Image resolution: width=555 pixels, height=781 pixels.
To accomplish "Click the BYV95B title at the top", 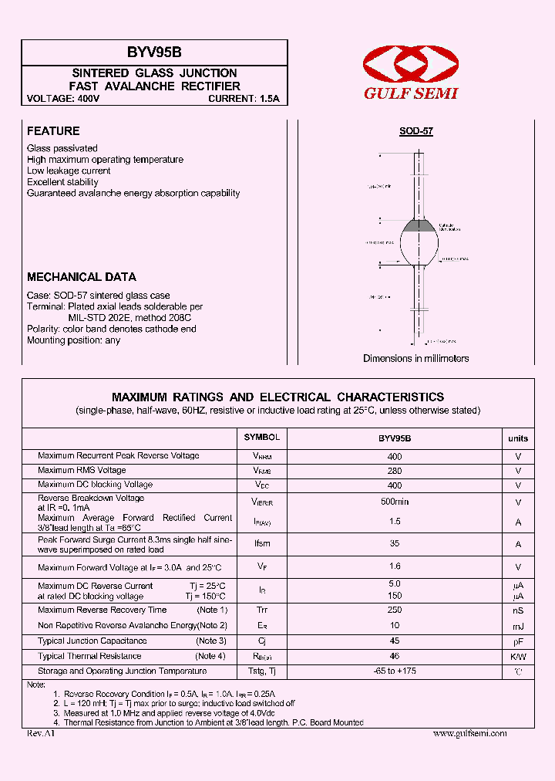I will (154, 52).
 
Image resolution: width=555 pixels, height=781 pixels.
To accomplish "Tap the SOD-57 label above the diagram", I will (415, 131).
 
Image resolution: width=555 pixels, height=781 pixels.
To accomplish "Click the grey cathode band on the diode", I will (420, 225).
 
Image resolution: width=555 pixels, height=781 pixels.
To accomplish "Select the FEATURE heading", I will (53, 131).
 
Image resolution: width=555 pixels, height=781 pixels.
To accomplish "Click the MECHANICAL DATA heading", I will (82, 277).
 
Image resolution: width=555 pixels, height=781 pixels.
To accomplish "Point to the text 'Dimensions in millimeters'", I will (415, 358).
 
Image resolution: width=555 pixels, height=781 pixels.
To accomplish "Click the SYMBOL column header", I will (262, 438).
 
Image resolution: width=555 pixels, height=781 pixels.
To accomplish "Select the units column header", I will (518, 438).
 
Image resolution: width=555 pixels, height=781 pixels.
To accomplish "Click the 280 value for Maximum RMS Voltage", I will (395, 471).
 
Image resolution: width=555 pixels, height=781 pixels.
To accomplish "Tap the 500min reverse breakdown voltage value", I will (395, 502).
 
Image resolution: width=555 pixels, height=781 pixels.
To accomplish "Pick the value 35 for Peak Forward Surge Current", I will (395, 543).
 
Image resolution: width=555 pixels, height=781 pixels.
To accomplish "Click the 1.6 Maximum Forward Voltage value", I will (395, 566).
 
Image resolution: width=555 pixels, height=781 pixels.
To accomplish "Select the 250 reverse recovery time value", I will (395, 610).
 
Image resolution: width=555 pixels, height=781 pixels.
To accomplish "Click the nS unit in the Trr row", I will (518, 610).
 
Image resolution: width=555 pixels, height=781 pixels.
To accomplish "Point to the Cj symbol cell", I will (262, 641).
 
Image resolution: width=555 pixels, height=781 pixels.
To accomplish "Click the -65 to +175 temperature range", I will (395, 671).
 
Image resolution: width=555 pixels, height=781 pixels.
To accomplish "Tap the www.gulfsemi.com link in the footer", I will (469, 733).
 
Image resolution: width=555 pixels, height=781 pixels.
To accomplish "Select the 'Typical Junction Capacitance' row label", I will (92, 641).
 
